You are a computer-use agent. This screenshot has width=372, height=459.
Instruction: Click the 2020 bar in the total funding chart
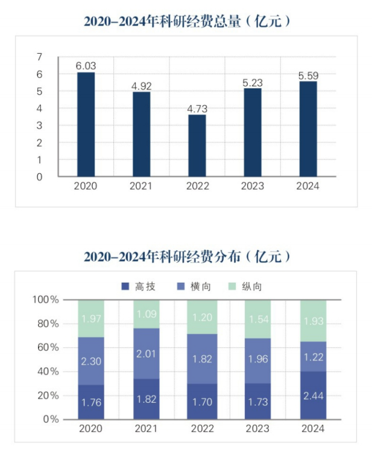86,124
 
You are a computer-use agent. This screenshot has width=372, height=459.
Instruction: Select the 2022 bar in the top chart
197,146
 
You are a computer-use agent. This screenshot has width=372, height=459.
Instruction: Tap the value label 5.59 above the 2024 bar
308,76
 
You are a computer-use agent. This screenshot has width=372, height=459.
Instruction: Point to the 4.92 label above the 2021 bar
142,86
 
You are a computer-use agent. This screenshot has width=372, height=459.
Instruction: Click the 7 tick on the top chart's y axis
40,57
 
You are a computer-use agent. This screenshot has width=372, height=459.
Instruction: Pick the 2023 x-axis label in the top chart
252,186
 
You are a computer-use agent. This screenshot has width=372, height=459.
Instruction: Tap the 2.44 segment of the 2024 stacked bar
313,396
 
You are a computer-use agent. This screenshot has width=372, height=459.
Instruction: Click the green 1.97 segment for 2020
91,318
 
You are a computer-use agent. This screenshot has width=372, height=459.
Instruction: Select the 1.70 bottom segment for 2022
202,401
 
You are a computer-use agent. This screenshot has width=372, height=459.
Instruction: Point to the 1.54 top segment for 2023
257,319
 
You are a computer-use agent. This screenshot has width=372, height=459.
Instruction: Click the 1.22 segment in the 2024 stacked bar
313,356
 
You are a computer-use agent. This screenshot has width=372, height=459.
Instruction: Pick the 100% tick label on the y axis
46,300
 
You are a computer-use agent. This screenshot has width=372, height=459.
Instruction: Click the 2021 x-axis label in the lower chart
147,429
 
